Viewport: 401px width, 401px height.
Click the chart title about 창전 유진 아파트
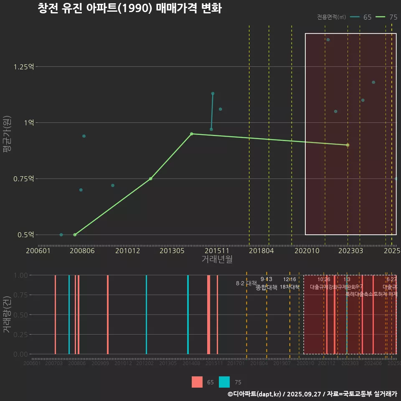point(129,8)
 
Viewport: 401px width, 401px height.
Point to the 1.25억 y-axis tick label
point(25,67)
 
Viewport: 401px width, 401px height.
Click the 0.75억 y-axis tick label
point(25,179)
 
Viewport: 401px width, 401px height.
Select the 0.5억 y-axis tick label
point(26,235)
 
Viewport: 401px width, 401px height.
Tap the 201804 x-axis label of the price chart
point(261,251)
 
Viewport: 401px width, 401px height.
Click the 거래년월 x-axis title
point(217,259)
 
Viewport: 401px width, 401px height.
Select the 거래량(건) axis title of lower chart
point(7,315)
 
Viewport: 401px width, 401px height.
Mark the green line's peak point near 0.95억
point(191,134)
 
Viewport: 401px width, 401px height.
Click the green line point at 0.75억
point(150,179)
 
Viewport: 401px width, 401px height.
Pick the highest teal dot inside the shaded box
point(328,40)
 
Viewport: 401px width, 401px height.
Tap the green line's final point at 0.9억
point(348,145)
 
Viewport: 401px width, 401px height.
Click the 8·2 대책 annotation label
point(246,283)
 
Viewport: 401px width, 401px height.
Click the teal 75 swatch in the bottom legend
point(224,382)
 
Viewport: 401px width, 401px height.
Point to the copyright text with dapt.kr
point(312,394)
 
